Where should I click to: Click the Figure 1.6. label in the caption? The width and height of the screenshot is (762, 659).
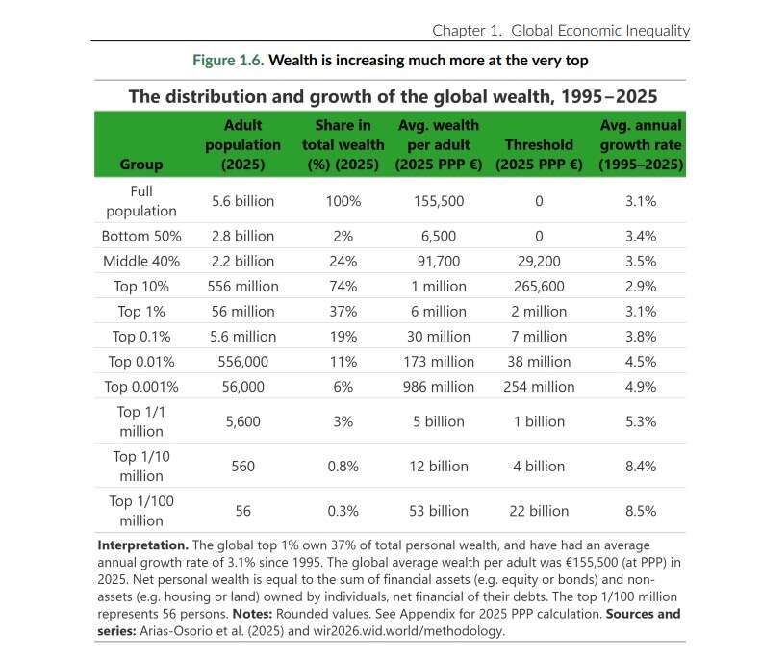[227, 60]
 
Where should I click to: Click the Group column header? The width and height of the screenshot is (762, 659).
[140, 164]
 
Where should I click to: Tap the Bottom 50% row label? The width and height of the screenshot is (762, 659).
[140, 236]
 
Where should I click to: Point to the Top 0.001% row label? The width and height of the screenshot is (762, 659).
[140, 386]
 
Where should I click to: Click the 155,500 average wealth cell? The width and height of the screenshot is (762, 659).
[438, 201]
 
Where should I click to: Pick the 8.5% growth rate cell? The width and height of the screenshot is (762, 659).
[641, 511]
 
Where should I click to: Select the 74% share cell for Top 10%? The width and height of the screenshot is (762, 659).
[343, 286]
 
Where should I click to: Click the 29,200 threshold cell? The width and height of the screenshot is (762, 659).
[539, 261]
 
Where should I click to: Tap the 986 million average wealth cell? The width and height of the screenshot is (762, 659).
[438, 386]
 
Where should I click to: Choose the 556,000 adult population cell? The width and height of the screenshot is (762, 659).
[242, 361]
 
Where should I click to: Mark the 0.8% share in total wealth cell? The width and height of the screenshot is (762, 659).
[343, 467]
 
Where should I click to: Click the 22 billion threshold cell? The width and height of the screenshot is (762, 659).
[539, 511]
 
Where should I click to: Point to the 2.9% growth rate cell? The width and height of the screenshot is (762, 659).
[641, 286]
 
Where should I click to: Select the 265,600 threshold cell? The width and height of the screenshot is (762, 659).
[539, 286]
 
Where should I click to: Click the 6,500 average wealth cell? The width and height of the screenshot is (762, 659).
[438, 236]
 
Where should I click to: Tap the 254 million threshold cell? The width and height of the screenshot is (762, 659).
[539, 386]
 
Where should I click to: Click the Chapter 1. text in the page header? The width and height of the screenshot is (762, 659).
[467, 30]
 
